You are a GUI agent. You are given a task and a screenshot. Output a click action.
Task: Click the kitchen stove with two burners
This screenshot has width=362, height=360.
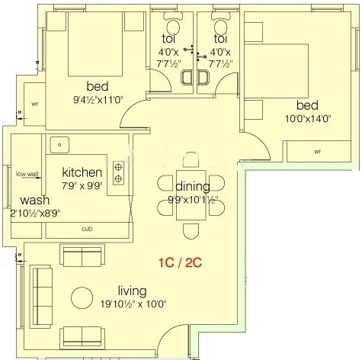coord(119,173)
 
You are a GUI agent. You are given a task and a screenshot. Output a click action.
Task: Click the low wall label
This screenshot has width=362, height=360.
coord(27,174)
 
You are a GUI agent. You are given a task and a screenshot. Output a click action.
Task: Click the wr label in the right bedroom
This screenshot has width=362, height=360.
coord(317,151)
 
